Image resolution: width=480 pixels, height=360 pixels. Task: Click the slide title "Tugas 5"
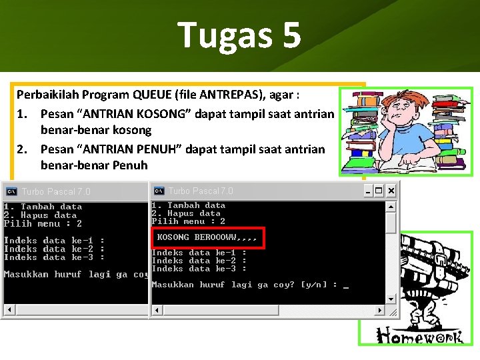tap(239, 35)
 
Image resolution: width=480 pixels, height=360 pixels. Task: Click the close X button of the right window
tap(391, 191)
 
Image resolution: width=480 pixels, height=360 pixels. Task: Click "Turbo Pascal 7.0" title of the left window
tap(56, 192)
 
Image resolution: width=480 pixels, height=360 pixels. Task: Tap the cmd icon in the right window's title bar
tap(159, 191)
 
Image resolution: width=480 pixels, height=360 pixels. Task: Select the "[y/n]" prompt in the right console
tap(315, 285)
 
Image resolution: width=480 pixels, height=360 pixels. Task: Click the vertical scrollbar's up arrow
tap(391, 206)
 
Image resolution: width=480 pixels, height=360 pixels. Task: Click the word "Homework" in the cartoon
tap(419, 335)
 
